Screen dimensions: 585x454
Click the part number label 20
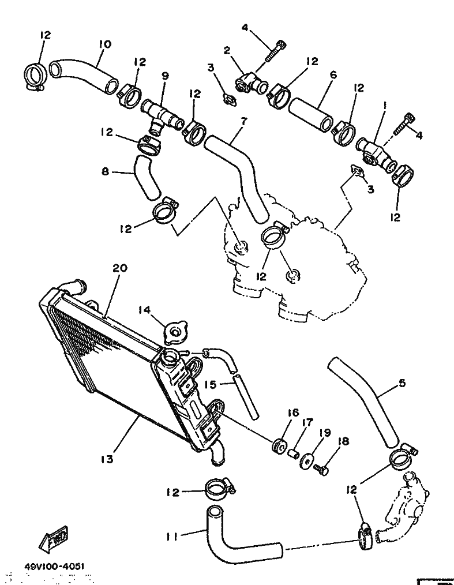[120, 269]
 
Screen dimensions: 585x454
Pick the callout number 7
[243, 122]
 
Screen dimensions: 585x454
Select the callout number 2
[227, 51]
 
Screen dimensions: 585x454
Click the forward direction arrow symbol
[54, 538]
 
